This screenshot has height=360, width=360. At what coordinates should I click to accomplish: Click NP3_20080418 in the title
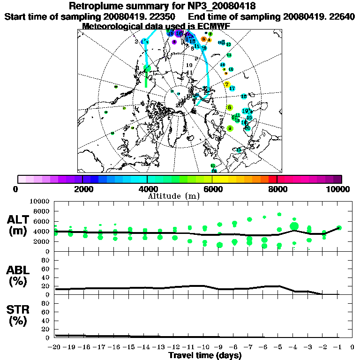tap(231, 6)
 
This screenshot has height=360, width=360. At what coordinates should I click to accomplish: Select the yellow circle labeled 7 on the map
tap(227, 85)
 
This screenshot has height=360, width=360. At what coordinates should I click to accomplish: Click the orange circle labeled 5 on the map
tap(203, 39)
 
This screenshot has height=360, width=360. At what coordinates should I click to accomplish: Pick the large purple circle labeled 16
tap(179, 33)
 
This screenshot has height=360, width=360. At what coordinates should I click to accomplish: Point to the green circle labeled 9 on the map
tap(230, 128)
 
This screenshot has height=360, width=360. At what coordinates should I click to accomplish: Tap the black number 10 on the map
tap(189, 65)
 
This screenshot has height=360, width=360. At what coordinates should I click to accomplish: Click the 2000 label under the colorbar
tap(82, 189)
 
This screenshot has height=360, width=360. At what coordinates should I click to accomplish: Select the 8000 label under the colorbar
tap(277, 189)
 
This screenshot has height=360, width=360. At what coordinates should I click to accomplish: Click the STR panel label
tap(19, 315)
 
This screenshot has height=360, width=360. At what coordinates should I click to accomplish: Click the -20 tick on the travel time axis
tap(55, 347)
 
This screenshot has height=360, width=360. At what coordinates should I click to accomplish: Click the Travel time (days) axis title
tap(204, 355)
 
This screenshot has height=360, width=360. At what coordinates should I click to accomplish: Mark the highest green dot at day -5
tap(279, 214)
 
